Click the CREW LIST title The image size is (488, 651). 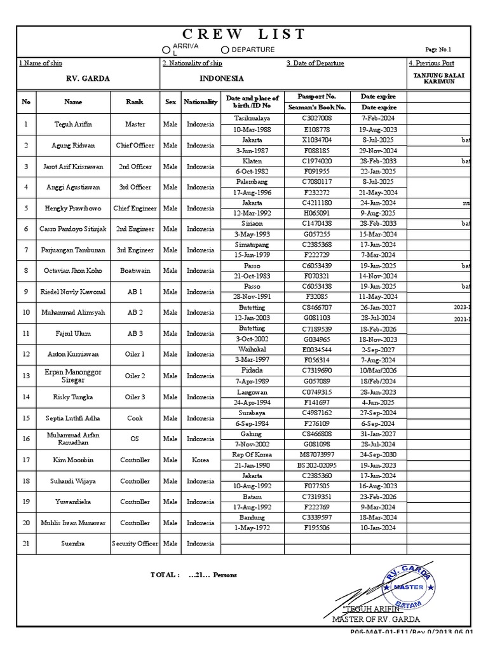coord(244,34)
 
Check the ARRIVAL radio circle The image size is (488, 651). coord(166,50)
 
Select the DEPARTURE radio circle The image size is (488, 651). coord(225,50)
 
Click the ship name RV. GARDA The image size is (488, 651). coord(88,78)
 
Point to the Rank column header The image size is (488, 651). coord(135,102)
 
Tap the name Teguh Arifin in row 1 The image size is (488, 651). coord(73,125)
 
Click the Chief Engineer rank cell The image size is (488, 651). coord(135,208)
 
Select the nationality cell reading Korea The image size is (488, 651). coord(200,460)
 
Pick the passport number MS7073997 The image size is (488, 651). coord(316,455)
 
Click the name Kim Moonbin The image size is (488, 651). coord(73,460)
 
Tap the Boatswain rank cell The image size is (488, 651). coord(135,270)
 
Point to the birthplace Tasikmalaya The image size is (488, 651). coord(252,118)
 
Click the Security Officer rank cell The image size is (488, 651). coord(135,544)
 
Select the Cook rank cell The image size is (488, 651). coord(135,418)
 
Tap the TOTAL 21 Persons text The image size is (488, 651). coord(194,575)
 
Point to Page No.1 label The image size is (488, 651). coord(438,50)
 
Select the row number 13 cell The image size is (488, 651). coord(26,376)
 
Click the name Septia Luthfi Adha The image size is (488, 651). coord(73,418)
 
